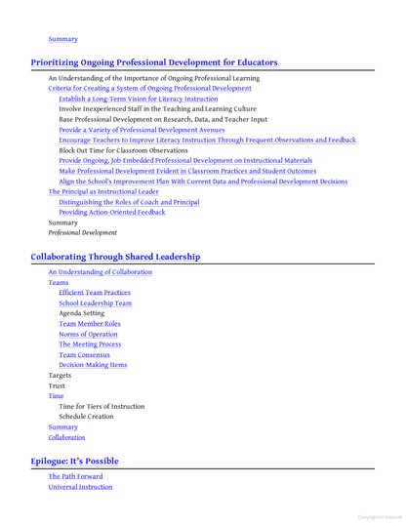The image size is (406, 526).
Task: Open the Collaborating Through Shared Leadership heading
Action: (x=116, y=257)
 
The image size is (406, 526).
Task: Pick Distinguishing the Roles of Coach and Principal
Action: (x=129, y=201)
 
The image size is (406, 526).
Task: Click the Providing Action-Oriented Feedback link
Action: (x=112, y=212)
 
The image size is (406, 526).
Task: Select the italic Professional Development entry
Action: (x=83, y=233)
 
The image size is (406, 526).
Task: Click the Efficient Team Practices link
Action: (x=95, y=293)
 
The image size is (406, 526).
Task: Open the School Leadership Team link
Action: (x=96, y=303)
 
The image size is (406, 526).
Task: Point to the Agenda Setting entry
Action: (x=83, y=313)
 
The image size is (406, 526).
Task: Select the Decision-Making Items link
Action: (x=93, y=365)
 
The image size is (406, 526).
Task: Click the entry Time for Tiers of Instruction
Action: (x=101, y=406)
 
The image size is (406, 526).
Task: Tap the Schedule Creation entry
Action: (x=89, y=416)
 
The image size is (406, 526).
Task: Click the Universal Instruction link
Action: (x=81, y=487)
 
